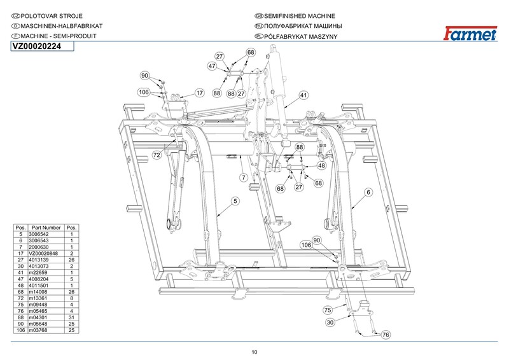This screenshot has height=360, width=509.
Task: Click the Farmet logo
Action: [x=470, y=33]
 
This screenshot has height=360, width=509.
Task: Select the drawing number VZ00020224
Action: [x=37, y=46]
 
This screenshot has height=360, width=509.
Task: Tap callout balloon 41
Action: [x=303, y=95]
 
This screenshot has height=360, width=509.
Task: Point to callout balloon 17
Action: [x=200, y=93]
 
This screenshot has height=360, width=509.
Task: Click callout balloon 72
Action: [x=157, y=155]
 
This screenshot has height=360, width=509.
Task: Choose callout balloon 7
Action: [x=244, y=177]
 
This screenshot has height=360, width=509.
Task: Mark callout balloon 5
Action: [x=235, y=201]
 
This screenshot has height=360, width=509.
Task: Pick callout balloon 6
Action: [x=368, y=192]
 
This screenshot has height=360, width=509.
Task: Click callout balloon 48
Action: [x=321, y=165]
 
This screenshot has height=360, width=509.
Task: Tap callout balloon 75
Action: [x=328, y=310]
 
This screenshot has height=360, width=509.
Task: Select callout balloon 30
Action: [x=330, y=322]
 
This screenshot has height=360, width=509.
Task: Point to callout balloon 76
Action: [x=386, y=335]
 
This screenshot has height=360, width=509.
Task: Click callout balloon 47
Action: [x=212, y=66]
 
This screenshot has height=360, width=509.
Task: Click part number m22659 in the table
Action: [x=38, y=273]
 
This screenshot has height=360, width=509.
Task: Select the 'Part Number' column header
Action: [x=46, y=228]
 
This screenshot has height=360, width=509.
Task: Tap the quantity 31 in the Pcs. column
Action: [x=71, y=317]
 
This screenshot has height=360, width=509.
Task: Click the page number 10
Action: [x=254, y=352]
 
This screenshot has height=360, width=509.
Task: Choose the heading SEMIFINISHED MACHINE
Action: [x=299, y=16]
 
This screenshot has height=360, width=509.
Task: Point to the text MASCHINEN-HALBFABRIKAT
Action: [x=62, y=26]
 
